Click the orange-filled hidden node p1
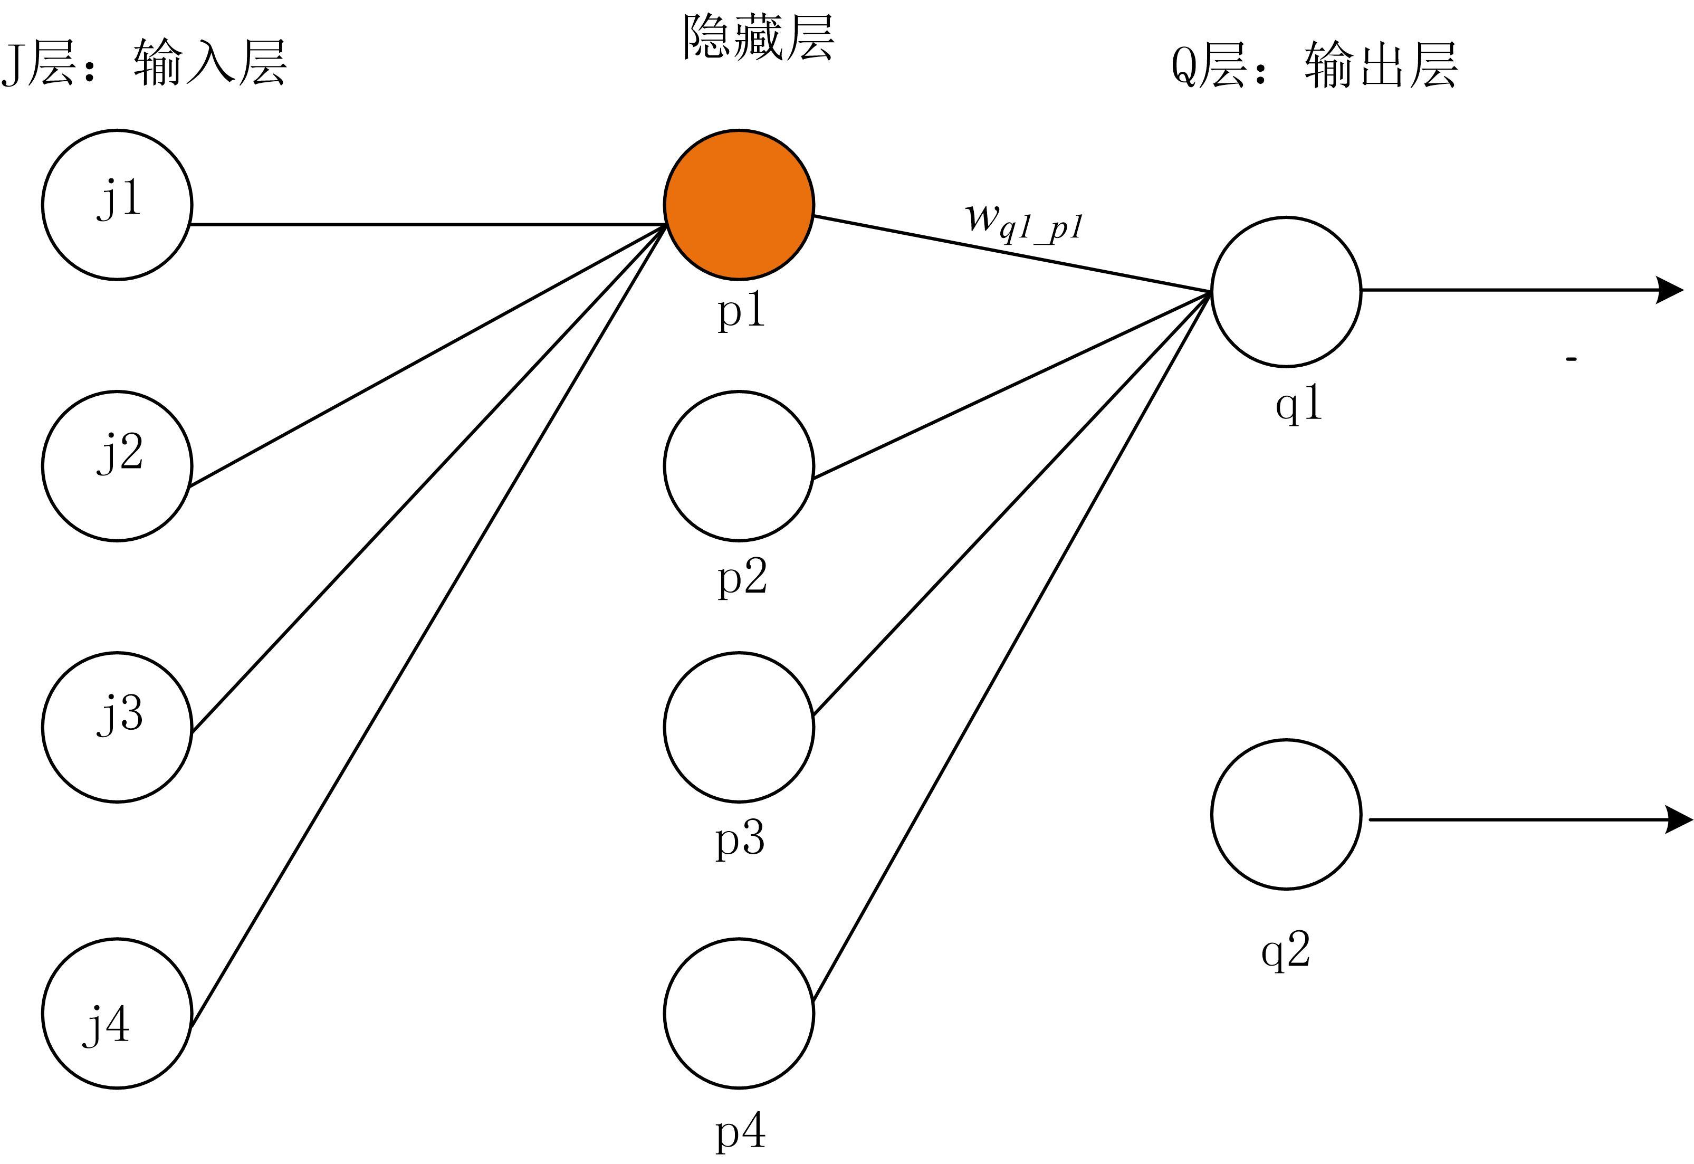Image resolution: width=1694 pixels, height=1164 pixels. point(739,204)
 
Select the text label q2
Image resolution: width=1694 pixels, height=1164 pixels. point(1286,951)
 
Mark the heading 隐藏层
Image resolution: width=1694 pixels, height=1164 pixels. point(759,38)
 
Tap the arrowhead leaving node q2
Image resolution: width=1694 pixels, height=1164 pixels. point(1679,820)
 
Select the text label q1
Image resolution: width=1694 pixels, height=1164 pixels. point(1299,403)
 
